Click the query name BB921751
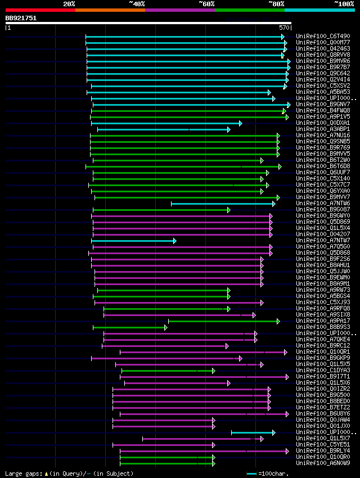pos(21,18)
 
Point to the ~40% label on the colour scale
pos(137,4)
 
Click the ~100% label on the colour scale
pos(344,4)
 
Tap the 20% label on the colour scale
pos(69,4)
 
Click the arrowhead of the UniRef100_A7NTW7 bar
pos(175,241)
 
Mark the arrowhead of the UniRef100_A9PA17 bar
pos(278,321)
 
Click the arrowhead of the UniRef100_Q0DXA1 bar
pos(240,123)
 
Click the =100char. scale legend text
pos(276,474)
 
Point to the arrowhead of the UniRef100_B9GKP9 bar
pos(240,358)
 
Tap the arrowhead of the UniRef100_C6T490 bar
pos(283,37)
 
